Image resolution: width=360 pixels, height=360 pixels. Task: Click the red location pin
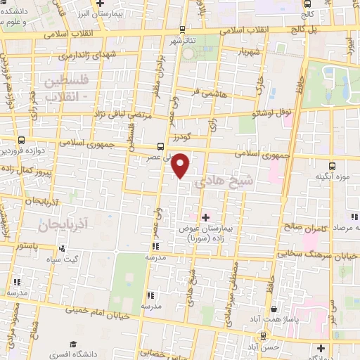181,165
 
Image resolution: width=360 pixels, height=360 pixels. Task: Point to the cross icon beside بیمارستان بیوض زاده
205,218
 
